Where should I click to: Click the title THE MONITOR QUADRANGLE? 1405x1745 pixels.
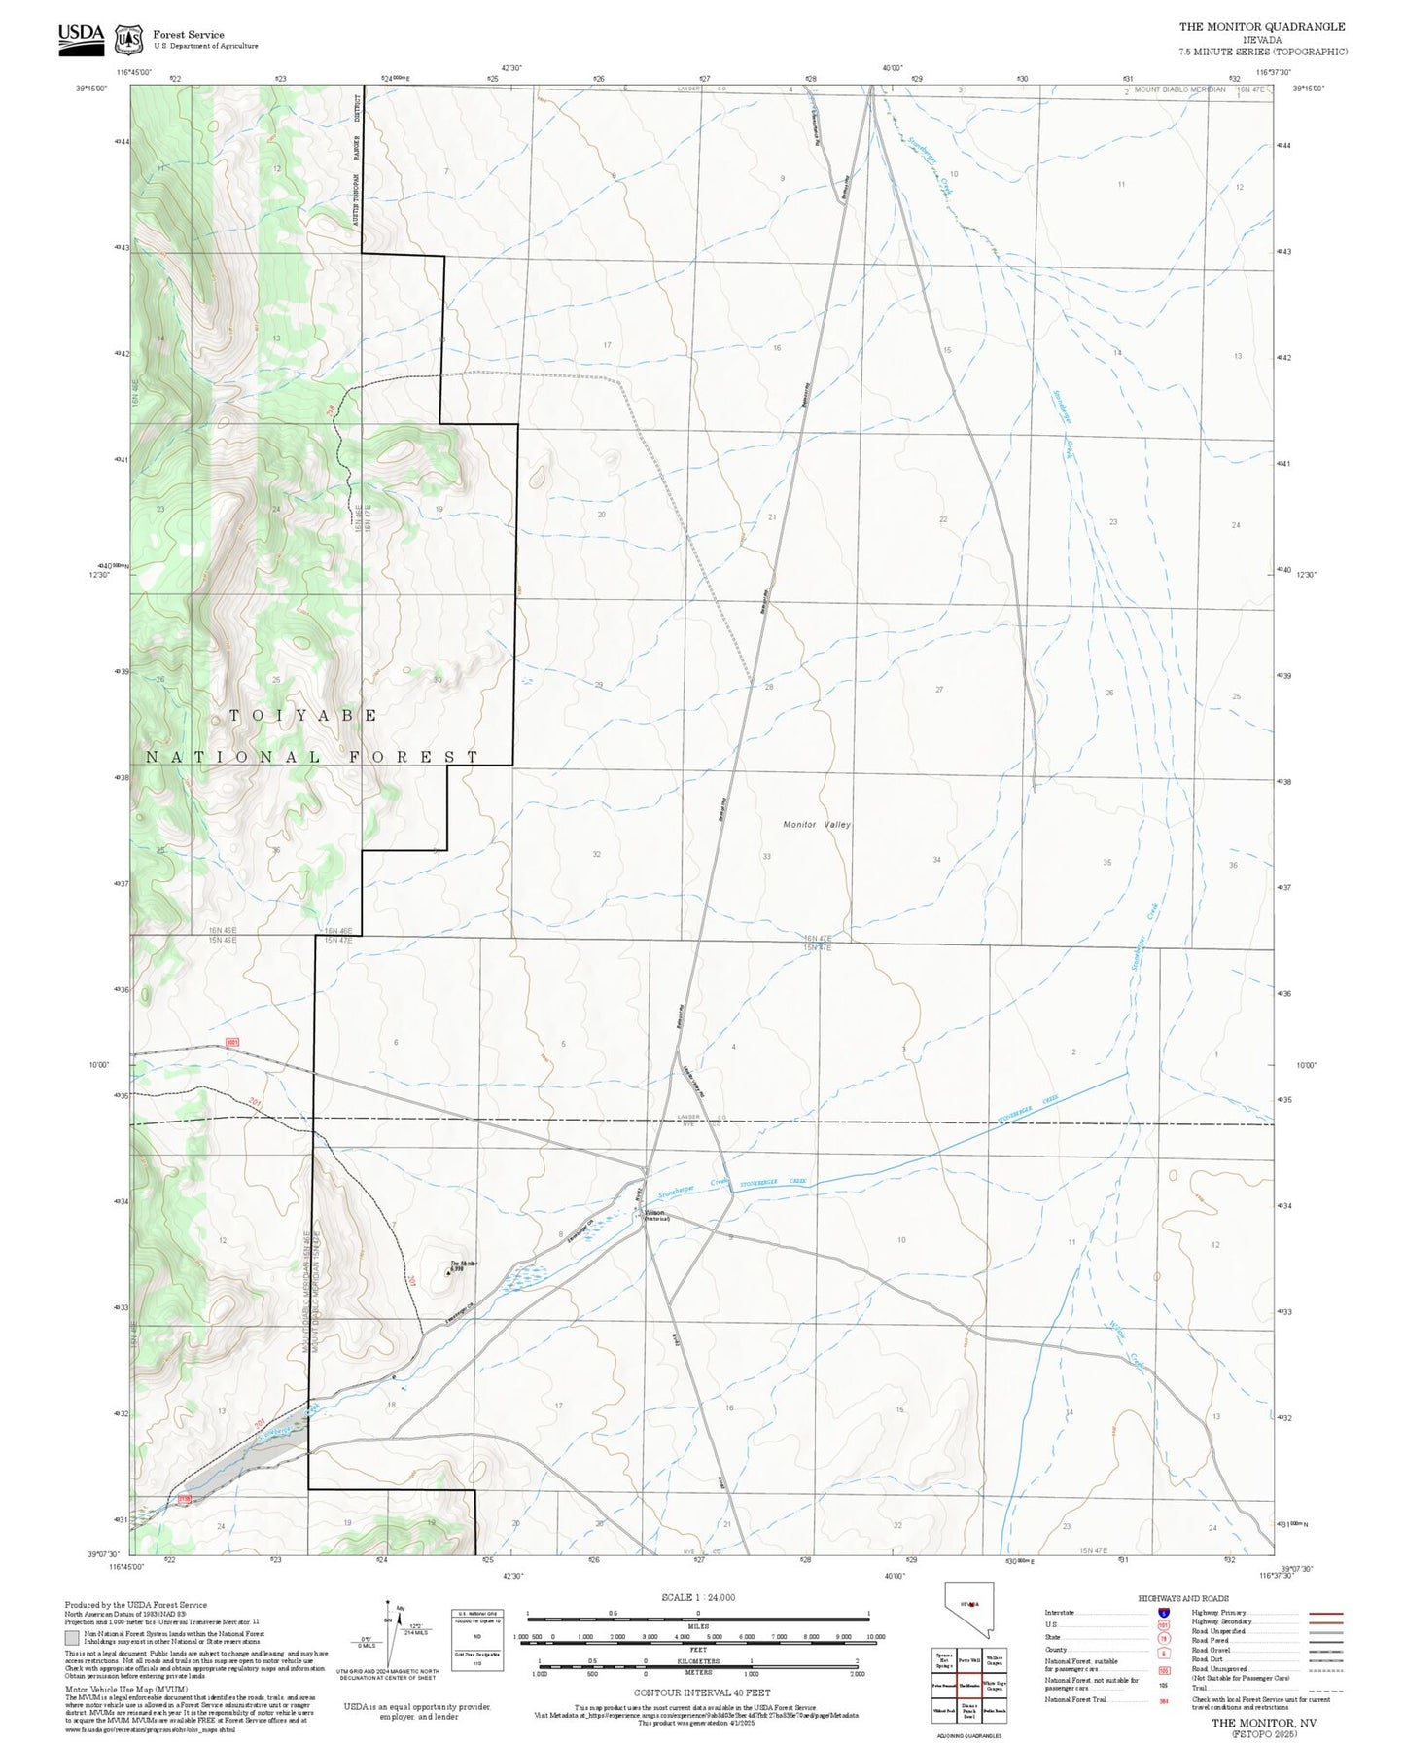pos(1262,27)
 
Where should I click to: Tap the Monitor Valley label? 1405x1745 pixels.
pos(817,824)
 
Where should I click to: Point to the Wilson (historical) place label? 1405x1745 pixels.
pos(655,1215)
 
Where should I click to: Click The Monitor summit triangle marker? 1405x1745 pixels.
pos(448,1271)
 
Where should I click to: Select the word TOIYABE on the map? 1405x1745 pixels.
pos(302,715)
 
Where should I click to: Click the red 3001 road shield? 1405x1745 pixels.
pos(232,1043)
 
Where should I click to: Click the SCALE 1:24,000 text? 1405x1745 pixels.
pos(697,1597)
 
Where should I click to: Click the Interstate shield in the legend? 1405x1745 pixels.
pos(1164,1613)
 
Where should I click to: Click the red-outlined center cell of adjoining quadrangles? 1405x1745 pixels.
pos(968,1685)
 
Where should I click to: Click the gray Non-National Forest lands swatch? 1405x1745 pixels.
pos(72,1638)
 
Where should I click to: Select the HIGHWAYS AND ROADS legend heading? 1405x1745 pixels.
pos(1182,1598)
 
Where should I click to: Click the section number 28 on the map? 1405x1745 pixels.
pos(769,687)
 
